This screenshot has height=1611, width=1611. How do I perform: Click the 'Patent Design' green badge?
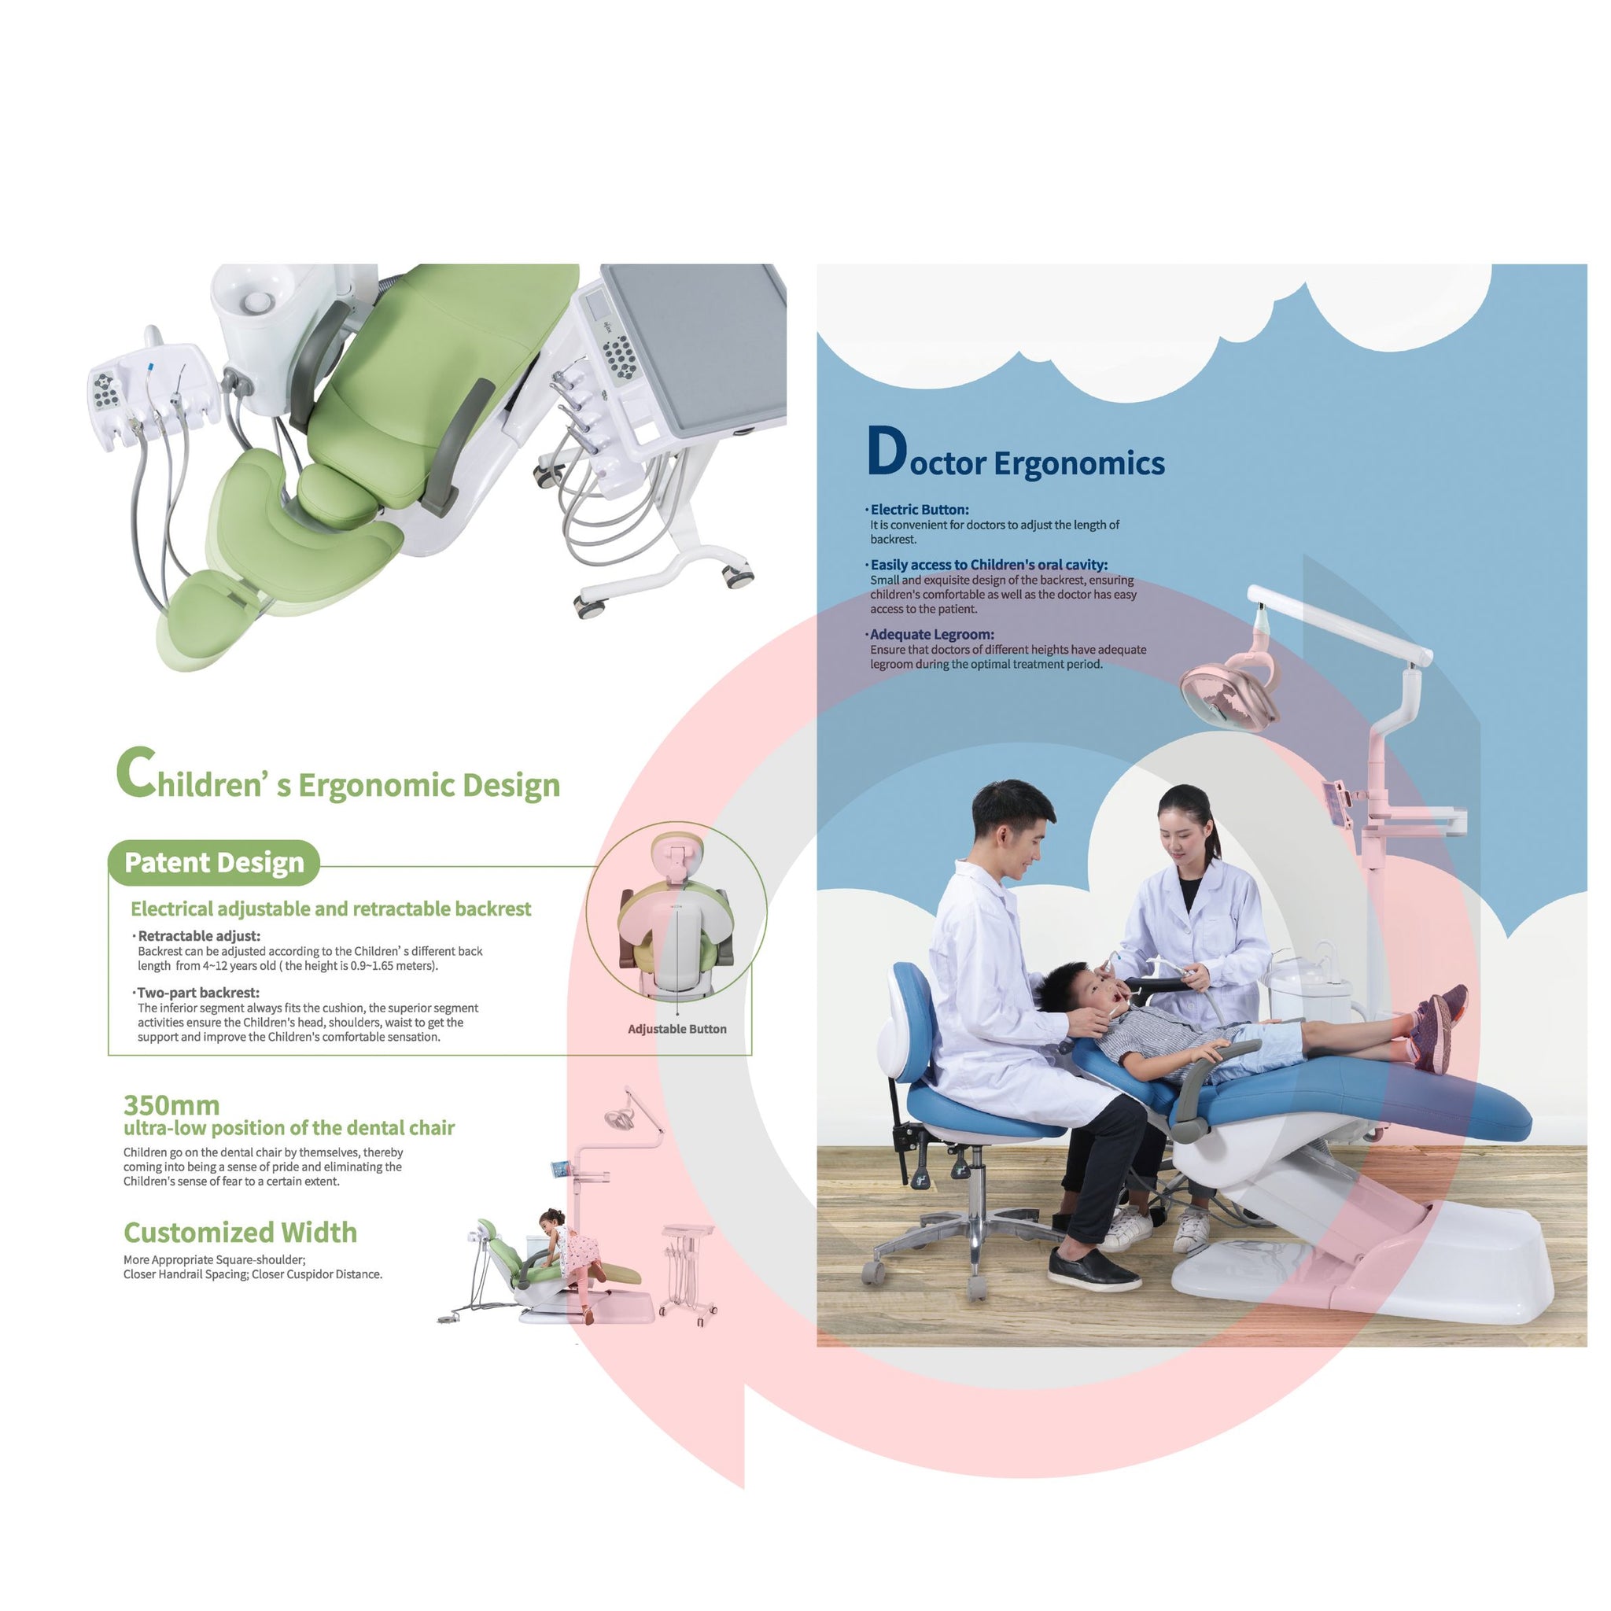(213, 862)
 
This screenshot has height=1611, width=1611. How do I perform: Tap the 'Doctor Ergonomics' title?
(1016, 453)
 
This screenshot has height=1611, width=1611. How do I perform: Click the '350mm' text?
(171, 1105)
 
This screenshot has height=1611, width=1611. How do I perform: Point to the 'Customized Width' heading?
(240, 1233)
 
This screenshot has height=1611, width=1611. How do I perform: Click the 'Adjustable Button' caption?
(677, 1029)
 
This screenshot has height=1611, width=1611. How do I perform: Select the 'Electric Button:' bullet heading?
(919, 510)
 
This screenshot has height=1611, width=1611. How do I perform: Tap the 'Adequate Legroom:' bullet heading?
(931, 635)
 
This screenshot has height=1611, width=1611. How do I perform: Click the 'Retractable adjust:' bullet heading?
(198, 935)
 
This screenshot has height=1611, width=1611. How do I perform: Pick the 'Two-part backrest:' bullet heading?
(197, 992)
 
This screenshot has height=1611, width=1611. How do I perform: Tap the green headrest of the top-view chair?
(203, 609)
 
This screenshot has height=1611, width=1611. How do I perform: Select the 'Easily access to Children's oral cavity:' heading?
(988, 565)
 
